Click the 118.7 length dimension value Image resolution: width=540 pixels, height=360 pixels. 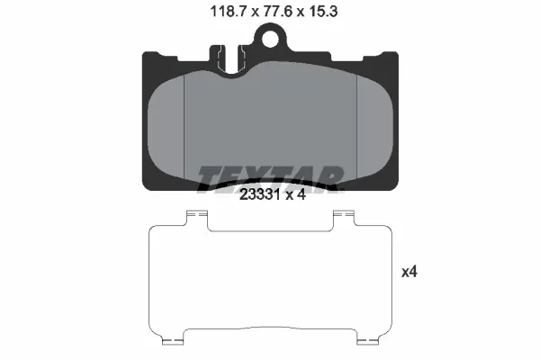(229, 12)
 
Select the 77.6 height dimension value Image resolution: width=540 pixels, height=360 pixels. (277, 12)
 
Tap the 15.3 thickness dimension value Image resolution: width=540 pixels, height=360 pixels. (323, 12)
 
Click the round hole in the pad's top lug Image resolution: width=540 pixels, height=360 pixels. (270, 39)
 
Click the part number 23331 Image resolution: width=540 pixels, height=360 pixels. (259, 195)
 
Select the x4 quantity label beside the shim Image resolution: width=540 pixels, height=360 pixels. (409, 272)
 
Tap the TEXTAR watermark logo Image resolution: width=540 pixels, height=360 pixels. (270, 178)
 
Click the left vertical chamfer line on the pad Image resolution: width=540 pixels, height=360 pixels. (184, 128)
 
